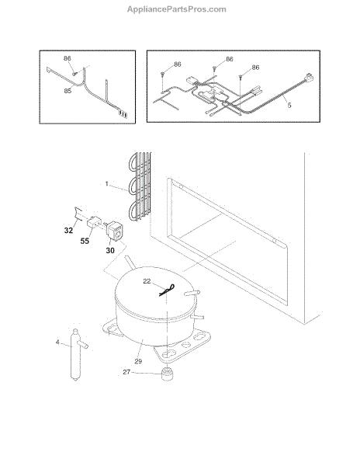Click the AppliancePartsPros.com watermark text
pyautogui.click(x=177, y=9)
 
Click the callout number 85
pyautogui.click(x=67, y=91)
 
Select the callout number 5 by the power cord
pyautogui.click(x=289, y=105)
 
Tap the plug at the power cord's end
pyautogui.click(x=309, y=78)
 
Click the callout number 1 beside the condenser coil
pyautogui.click(x=107, y=183)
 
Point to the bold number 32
pyautogui.click(x=68, y=231)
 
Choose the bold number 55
pyautogui.click(x=85, y=241)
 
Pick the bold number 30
pyautogui.click(x=110, y=251)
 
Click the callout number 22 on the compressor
pyautogui.click(x=147, y=281)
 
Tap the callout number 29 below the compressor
pyautogui.click(x=138, y=361)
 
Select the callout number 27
pyautogui.click(x=126, y=372)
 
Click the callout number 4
pyautogui.click(x=57, y=343)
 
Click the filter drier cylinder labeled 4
pyautogui.click(x=75, y=355)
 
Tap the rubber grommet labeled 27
pyautogui.click(x=168, y=374)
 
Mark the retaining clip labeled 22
pyautogui.click(x=167, y=290)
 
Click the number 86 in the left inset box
pyautogui.click(x=67, y=58)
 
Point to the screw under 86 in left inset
pyautogui.click(x=74, y=73)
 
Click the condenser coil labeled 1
pyautogui.click(x=140, y=186)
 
